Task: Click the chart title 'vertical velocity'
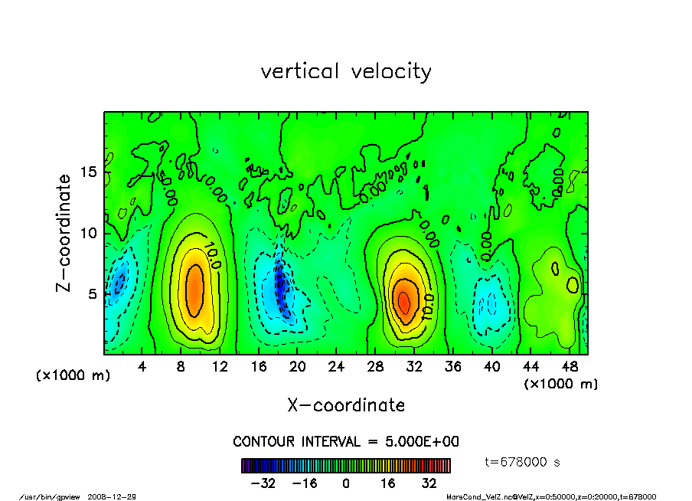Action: pyautogui.click(x=346, y=71)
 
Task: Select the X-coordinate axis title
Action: pyautogui.click(x=346, y=404)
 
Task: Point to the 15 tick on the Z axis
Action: pyautogui.click(x=89, y=172)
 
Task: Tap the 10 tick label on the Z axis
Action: pyautogui.click(x=89, y=232)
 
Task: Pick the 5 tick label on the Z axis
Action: pyautogui.click(x=93, y=293)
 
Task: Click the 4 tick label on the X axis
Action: pyautogui.click(x=142, y=367)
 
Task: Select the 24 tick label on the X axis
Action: pyautogui.click(x=336, y=367)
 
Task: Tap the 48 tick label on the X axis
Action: pyautogui.click(x=569, y=367)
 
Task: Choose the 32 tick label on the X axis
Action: pyautogui.click(x=414, y=367)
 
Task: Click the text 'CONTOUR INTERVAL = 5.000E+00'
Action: pyautogui.click(x=346, y=442)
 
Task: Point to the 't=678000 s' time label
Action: pyautogui.click(x=524, y=462)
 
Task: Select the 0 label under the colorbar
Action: pyautogui.click(x=346, y=483)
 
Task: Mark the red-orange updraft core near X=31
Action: pyautogui.click(x=404, y=300)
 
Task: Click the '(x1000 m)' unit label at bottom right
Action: pyautogui.click(x=561, y=383)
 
